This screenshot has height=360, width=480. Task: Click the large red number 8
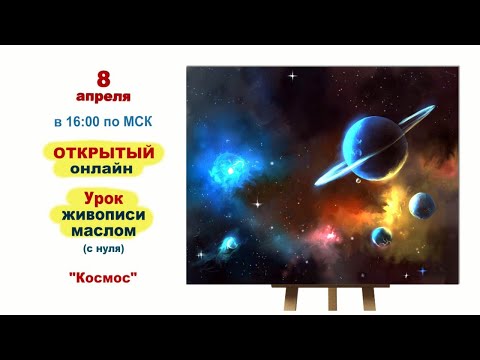(x=103, y=78)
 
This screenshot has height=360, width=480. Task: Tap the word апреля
(x=103, y=97)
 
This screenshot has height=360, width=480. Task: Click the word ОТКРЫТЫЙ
(x=103, y=152)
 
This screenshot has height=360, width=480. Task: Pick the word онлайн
(x=102, y=169)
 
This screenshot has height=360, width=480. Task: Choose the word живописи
(x=104, y=215)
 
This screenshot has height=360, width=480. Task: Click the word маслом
(x=104, y=231)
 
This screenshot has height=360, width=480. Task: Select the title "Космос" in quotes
(x=103, y=274)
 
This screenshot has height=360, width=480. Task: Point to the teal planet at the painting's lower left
(x=231, y=241)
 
